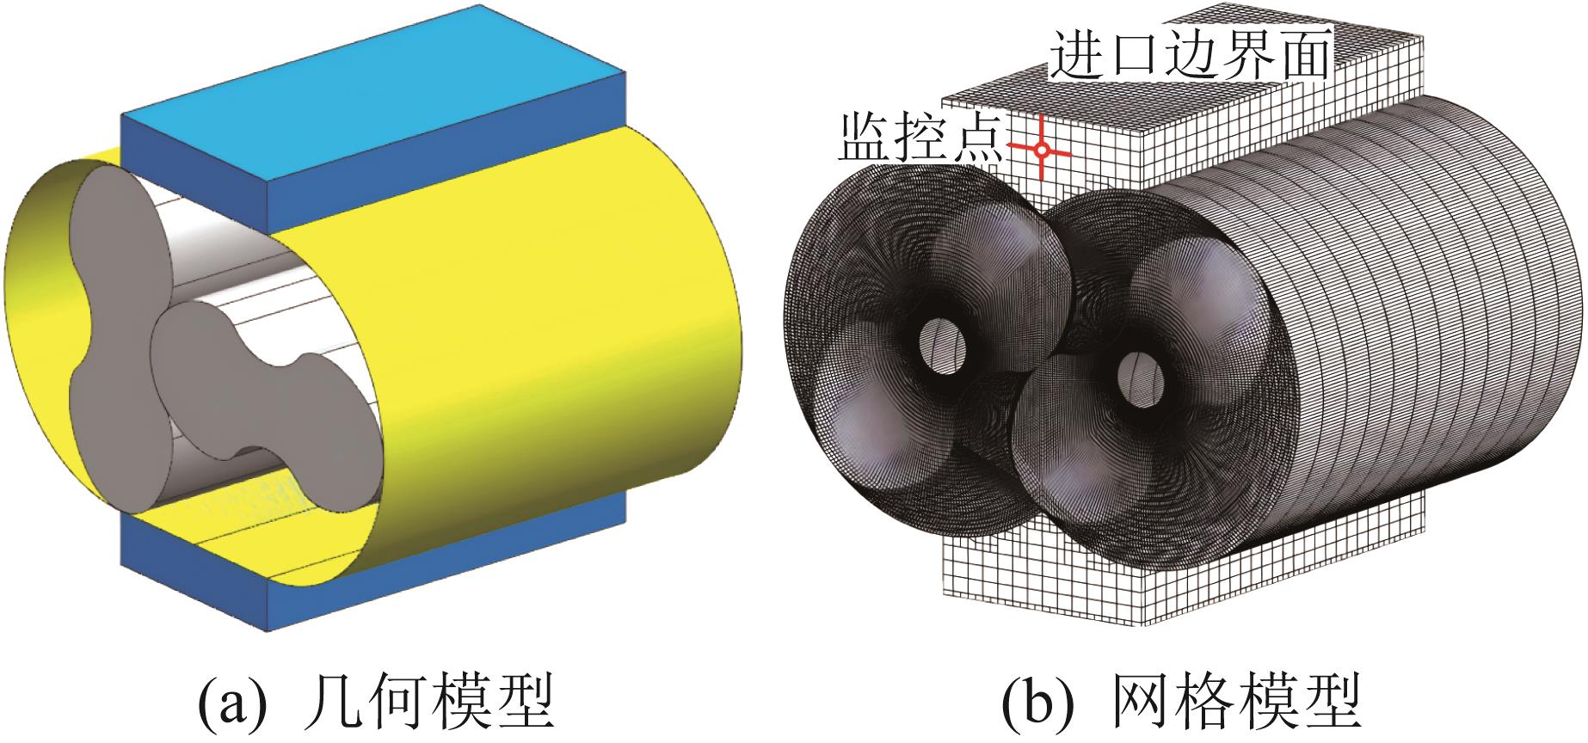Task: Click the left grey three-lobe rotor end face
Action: click(x=103, y=344)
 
